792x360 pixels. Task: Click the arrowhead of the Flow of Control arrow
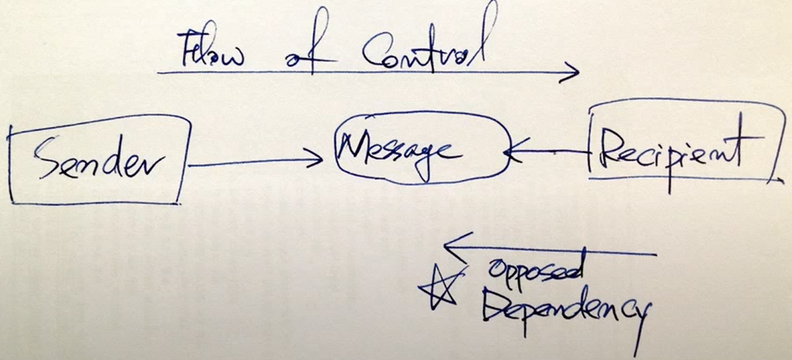(570, 72)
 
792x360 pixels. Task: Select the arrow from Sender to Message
(255, 162)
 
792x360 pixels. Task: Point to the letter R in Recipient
(614, 152)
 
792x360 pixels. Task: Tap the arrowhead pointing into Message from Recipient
(511, 151)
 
